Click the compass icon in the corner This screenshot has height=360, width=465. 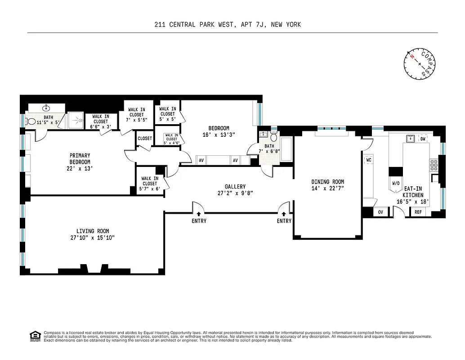click(420, 63)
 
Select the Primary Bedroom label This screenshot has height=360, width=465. click(80, 162)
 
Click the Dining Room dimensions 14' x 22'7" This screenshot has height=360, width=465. click(327, 189)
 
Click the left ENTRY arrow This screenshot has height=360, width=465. click(199, 215)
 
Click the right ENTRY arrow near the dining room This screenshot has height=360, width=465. click(284, 215)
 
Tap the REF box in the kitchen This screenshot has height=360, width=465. click(418, 212)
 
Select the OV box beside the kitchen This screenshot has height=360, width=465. click(380, 212)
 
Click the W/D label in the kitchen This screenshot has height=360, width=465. click(396, 183)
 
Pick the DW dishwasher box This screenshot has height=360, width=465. click(422, 139)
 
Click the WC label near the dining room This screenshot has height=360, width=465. click(368, 160)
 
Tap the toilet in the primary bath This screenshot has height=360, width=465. click(31, 121)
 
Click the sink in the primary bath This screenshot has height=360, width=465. click(46, 108)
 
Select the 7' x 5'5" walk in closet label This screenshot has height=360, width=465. click(136, 115)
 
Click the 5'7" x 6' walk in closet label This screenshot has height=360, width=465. click(149, 183)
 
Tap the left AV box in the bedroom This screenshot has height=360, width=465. click(201, 160)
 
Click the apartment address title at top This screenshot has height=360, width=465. click(227, 24)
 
